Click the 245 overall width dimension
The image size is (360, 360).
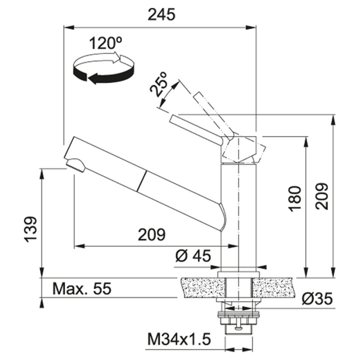[x=162, y=15]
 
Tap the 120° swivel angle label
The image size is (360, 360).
[x=105, y=43]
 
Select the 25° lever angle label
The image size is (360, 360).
[x=158, y=85]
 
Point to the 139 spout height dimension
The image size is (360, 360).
[x=31, y=229]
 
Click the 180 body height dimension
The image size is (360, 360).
[x=295, y=198]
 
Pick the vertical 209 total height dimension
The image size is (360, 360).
[x=321, y=196]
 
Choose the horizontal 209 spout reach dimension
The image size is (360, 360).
[x=152, y=234]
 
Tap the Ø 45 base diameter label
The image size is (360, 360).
[x=193, y=256]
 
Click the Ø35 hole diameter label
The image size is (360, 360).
[x=317, y=299]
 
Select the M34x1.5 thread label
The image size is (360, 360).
[x=179, y=340]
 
